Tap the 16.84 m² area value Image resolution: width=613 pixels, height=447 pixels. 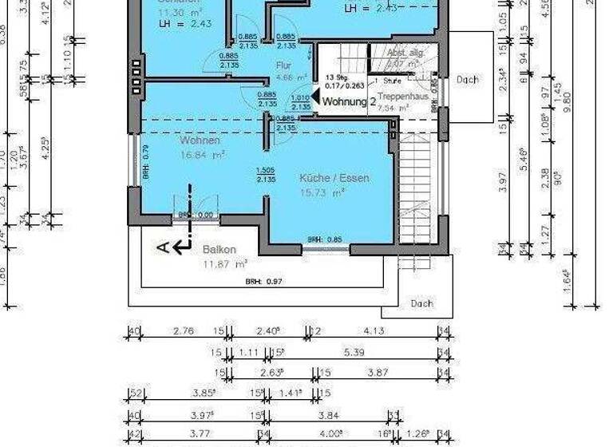[x=201, y=155]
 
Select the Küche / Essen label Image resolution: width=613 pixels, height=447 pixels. [x=334, y=178]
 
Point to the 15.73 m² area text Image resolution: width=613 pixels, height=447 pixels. [x=322, y=192]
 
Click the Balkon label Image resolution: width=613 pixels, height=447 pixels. [x=219, y=249]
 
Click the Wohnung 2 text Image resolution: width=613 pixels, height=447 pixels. [x=349, y=102]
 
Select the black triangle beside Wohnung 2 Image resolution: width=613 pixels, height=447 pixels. [x=315, y=98]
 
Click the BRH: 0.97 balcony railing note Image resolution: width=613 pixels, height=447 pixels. [x=264, y=282]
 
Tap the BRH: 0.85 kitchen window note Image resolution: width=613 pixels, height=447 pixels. [x=326, y=239]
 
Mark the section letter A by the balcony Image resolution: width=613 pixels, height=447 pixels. [x=163, y=248]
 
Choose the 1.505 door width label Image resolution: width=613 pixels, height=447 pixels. [x=266, y=170]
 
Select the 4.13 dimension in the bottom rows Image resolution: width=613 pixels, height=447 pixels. [x=374, y=330]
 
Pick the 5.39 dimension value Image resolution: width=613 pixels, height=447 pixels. [x=355, y=352]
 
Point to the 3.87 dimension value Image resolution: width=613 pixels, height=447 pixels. [x=378, y=372]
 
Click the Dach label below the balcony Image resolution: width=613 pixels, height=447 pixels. [x=421, y=303]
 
